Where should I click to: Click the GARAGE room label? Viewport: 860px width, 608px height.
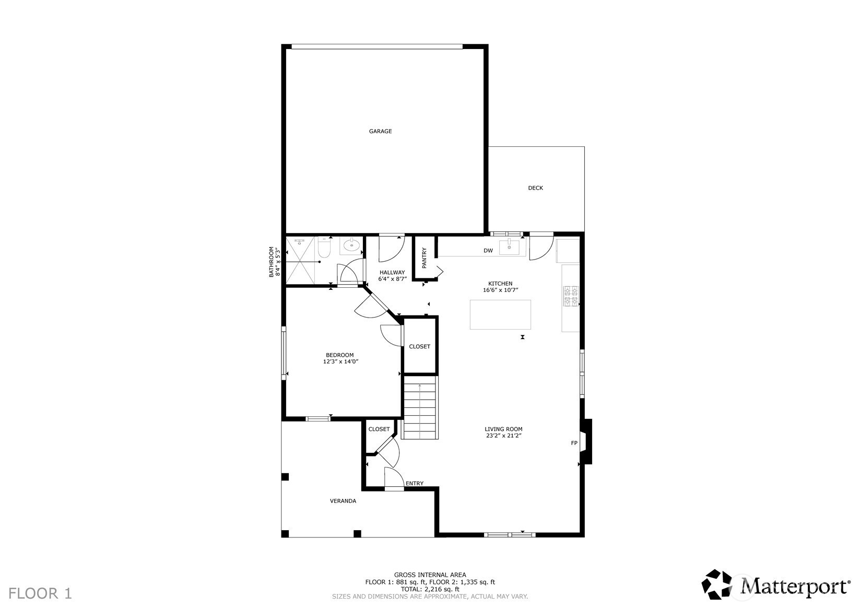(x=380, y=131)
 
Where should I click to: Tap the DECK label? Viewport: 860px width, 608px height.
(x=535, y=188)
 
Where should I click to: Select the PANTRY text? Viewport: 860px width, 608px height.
(x=424, y=258)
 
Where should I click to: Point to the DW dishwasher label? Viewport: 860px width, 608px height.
(x=488, y=251)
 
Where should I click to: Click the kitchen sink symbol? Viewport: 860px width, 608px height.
(x=509, y=247)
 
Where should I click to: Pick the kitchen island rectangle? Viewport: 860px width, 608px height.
(x=500, y=314)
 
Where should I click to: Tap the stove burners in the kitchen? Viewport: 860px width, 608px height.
(x=571, y=296)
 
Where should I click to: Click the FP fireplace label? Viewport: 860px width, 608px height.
(x=574, y=443)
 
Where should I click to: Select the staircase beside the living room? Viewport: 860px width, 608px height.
(x=420, y=407)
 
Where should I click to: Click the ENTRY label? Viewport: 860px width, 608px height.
(x=414, y=484)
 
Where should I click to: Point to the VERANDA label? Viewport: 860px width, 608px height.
(x=343, y=501)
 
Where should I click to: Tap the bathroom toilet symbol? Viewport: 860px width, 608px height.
(x=324, y=248)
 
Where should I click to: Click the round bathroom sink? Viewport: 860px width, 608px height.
(x=351, y=244)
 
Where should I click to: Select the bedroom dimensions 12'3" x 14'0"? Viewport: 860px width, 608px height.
(x=340, y=361)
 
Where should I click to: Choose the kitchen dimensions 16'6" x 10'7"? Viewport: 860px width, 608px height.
(x=500, y=290)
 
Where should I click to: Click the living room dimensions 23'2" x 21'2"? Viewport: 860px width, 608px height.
(x=503, y=436)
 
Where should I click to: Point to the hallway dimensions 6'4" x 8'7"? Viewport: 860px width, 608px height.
(x=392, y=279)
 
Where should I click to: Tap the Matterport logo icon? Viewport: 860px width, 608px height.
(x=716, y=584)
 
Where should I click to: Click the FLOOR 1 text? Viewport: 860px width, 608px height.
(x=40, y=593)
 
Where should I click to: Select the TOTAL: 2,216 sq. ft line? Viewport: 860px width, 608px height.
(x=430, y=589)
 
